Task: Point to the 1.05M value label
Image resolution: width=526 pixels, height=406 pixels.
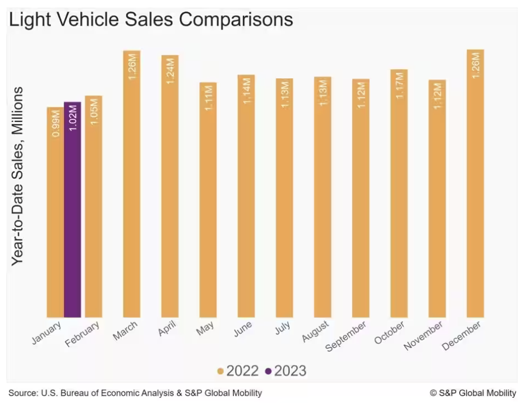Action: click(x=94, y=112)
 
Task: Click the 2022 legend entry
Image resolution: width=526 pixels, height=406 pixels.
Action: click(x=238, y=371)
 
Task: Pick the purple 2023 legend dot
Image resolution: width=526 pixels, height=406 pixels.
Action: click(x=268, y=372)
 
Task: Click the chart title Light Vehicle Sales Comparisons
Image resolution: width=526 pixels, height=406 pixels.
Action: click(x=151, y=20)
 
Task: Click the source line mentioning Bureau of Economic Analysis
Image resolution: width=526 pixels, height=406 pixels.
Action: click(x=135, y=393)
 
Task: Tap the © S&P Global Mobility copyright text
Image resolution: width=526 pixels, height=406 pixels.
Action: click(x=473, y=393)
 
